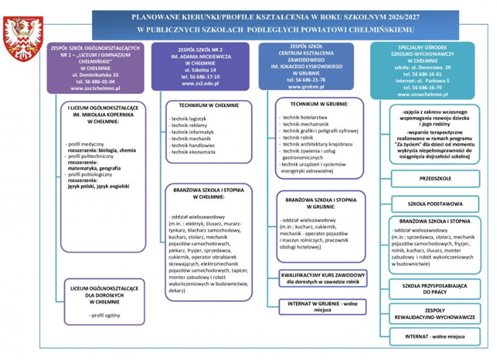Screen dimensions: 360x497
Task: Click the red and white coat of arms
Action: point(23,38)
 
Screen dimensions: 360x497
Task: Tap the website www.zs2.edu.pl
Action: point(201,83)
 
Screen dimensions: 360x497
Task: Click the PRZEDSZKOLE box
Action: point(435,178)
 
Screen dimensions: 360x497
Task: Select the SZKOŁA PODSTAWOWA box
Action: point(435,204)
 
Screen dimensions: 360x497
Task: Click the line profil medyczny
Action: point(86,143)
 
